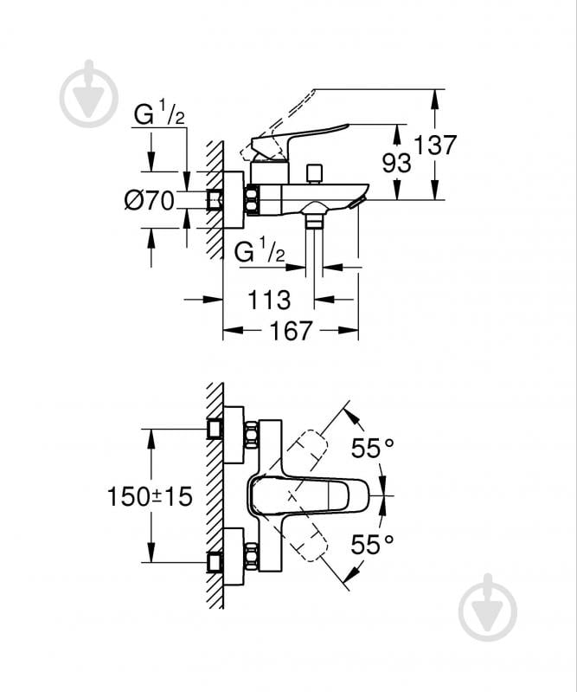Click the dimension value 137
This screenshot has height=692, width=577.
tap(434, 145)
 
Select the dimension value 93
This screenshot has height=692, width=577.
tap(398, 162)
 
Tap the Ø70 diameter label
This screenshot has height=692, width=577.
tap(149, 202)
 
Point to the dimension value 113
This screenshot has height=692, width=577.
tap(268, 300)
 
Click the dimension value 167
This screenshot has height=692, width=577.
tap(291, 330)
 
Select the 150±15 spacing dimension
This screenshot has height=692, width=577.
tap(150, 496)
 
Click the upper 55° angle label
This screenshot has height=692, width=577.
tap(371, 449)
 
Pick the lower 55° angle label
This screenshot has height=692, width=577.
tap(371, 544)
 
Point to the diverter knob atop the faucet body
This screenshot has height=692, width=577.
tap(316, 172)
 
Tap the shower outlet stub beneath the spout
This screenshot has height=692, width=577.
tap(314, 222)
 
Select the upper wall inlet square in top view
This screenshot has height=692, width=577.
tap(215, 429)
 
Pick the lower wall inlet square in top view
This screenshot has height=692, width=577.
tap(215, 562)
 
